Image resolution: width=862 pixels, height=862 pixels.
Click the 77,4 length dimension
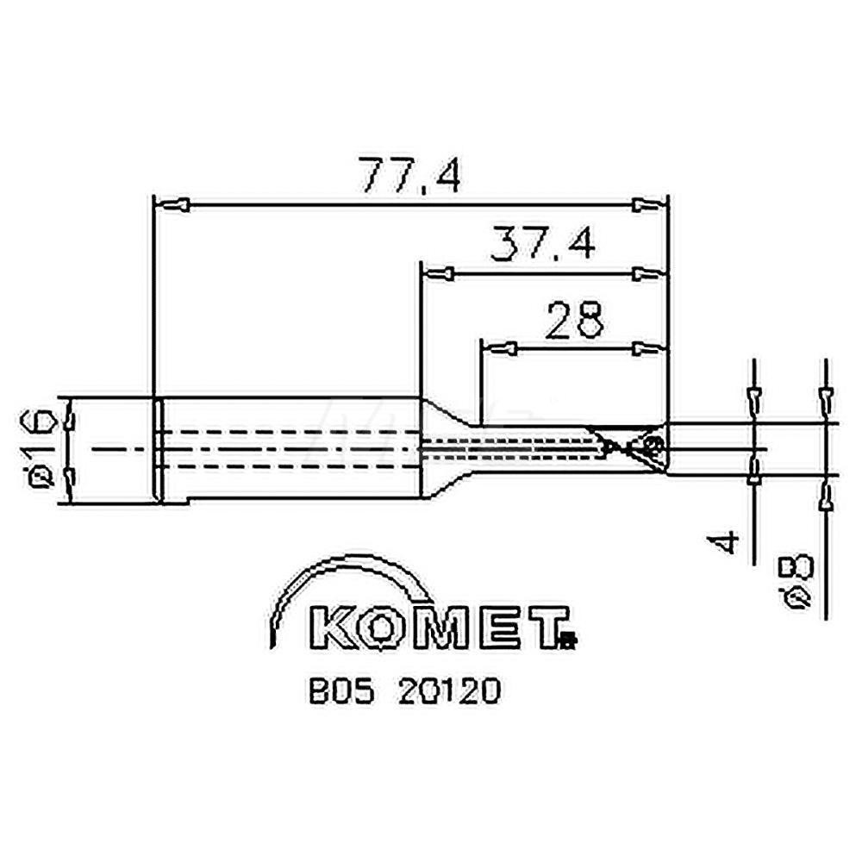(x=410, y=175)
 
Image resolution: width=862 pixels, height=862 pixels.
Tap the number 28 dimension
(x=576, y=319)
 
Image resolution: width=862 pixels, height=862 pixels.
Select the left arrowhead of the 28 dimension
(x=501, y=348)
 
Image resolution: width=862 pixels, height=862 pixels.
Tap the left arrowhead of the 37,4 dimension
(x=440, y=274)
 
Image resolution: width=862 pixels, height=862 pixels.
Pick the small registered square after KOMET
(x=566, y=640)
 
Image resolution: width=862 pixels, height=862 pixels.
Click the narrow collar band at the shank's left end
(x=158, y=448)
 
